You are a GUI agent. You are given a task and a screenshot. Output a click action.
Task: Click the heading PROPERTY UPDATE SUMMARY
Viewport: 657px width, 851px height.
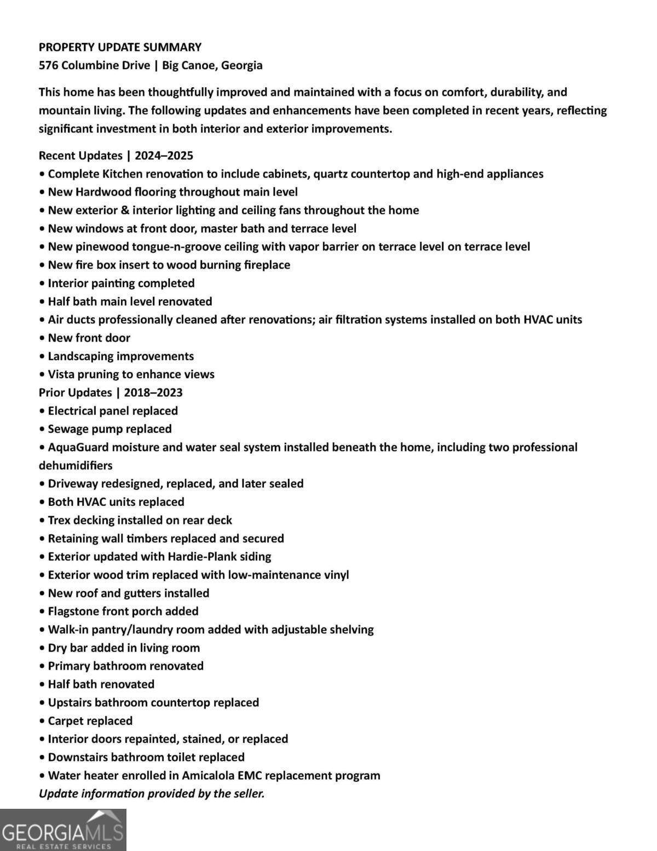120,47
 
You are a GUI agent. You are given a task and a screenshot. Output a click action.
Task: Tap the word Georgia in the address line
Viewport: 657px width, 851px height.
241,65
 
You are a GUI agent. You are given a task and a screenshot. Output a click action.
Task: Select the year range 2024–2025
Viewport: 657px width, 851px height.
164,156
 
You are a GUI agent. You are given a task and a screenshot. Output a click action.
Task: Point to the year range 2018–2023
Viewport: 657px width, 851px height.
153,392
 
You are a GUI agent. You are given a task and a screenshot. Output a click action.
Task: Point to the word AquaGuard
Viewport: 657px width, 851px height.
78,447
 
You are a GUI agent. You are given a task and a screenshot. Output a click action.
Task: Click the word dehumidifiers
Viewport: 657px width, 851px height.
76,465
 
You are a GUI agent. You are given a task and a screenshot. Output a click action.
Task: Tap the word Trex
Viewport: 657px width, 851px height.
59,520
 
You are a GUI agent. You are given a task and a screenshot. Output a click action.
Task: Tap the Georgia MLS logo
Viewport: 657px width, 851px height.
63,830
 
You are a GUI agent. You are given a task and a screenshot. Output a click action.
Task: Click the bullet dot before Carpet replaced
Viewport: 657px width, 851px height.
42,721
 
